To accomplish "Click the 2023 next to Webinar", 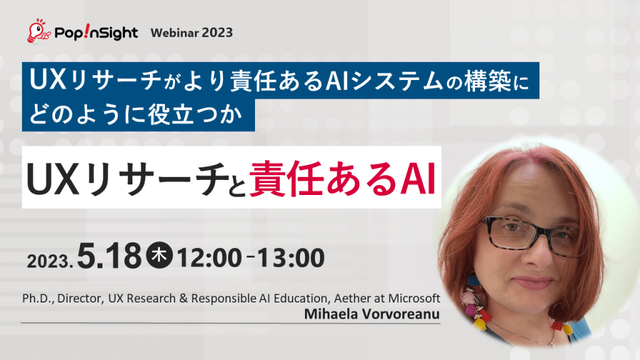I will (217, 32).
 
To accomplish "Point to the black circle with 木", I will (160, 257).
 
